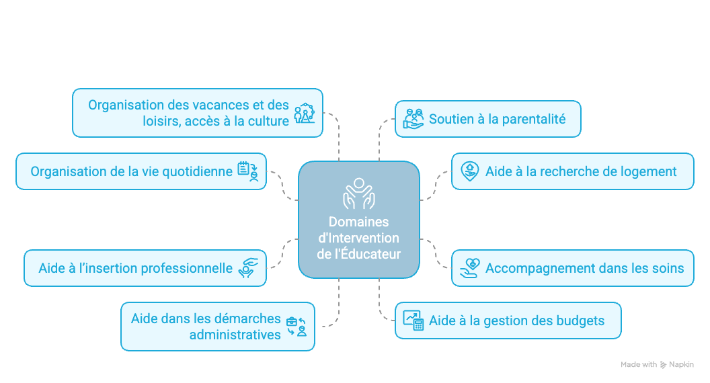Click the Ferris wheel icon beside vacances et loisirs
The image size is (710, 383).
point(305,113)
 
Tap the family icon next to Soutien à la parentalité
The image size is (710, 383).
point(413,119)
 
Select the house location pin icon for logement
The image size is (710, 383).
point(469,171)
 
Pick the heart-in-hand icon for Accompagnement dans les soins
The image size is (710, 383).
point(469,268)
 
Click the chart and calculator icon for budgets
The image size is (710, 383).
point(413,321)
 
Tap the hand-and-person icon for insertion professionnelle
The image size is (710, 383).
point(248,268)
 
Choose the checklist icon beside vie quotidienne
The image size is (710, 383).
point(248,171)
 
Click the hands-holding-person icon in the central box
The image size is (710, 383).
point(359,194)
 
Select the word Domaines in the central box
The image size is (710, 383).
point(358,222)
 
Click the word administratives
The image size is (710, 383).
point(235,335)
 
